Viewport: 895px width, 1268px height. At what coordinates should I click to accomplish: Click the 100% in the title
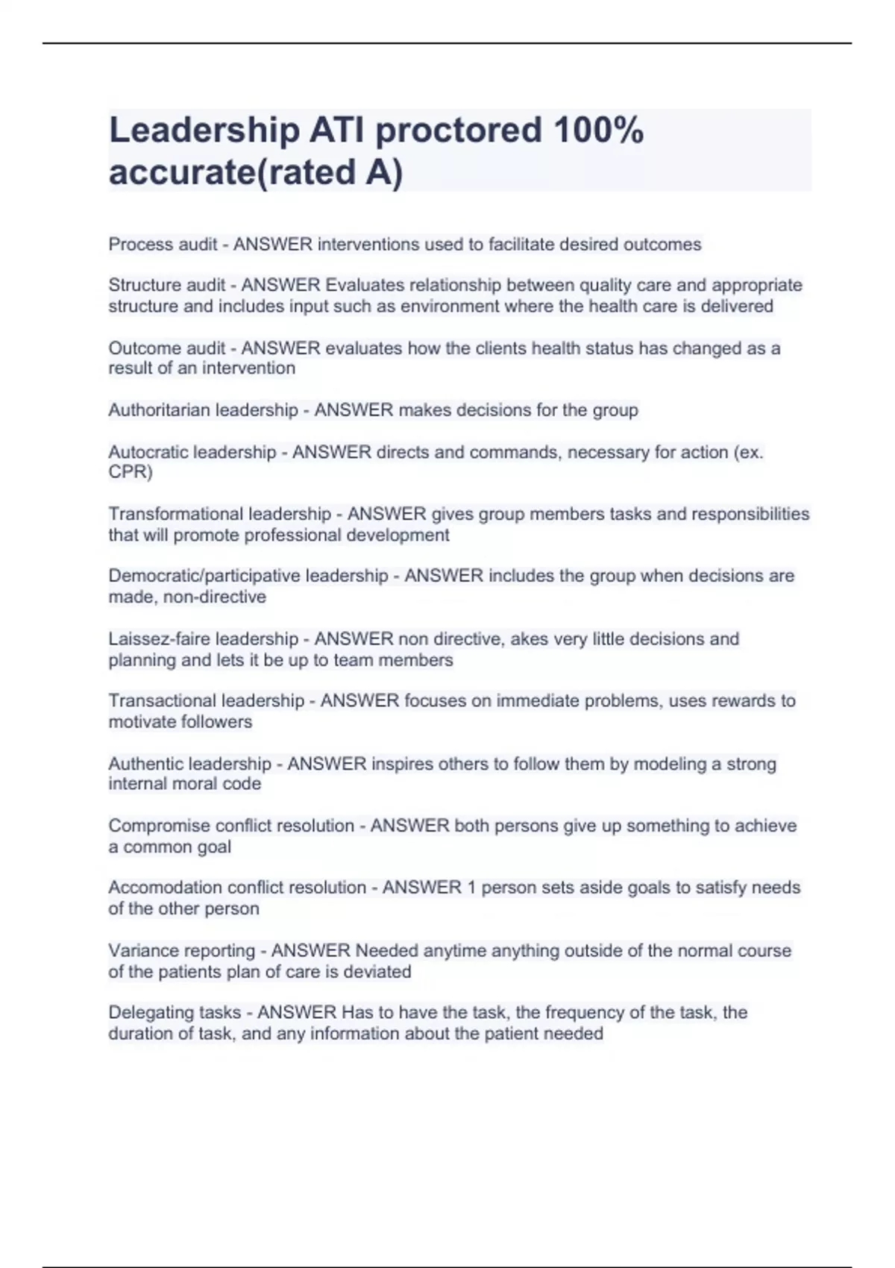point(598,131)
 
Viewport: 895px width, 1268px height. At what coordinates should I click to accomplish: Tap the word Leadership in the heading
point(204,131)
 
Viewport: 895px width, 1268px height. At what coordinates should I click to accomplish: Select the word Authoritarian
point(155,410)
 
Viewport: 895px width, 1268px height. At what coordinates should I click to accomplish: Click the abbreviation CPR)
point(131,472)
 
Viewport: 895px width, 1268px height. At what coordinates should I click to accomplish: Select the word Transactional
point(158,701)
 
